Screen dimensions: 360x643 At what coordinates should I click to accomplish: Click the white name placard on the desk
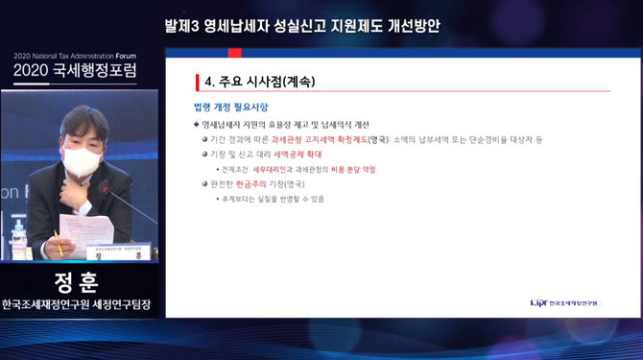[x=119, y=252]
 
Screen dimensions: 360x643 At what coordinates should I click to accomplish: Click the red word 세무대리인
[x=272, y=169]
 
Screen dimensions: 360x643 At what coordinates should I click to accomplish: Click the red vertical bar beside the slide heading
[x=196, y=82]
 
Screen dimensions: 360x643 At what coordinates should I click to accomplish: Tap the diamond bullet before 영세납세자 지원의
[x=197, y=125]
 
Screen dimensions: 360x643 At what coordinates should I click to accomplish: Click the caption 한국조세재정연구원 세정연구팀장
[x=79, y=305]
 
